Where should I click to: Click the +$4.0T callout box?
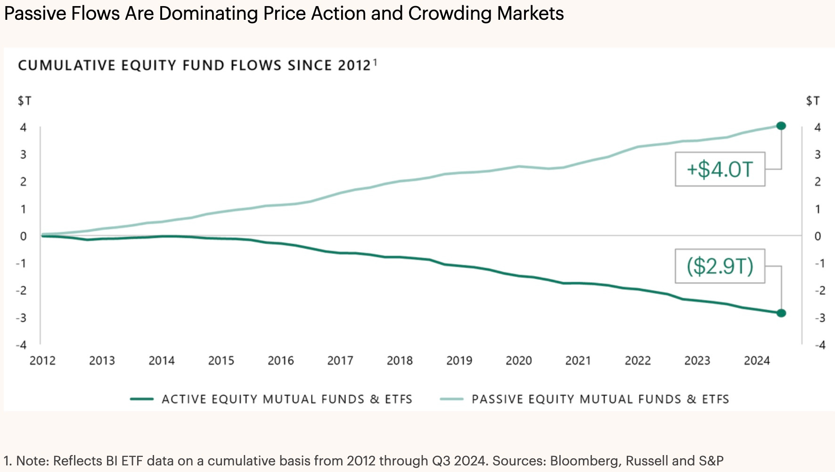pos(720,169)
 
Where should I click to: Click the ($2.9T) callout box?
pos(720,266)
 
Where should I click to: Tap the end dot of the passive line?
pos(781,126)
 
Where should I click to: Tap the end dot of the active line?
pos(781,313)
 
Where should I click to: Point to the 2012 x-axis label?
pos(42,361)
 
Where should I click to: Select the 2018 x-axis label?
pos(400,361)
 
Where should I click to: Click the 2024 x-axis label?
pos(757,361)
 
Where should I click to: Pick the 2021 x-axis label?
pos(578,361)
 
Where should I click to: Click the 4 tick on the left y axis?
pos(23,127)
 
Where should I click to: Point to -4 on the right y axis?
pos(820,345)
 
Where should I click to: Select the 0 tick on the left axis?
pos(23,236)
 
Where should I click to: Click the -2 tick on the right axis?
pos(820,291)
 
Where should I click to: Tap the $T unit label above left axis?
pos(25,101)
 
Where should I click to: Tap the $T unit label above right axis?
pos(813,101)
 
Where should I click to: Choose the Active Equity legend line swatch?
pos(142,399)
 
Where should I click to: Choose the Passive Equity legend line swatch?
pos(451,399)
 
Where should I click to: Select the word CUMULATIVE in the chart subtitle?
pos(66,65)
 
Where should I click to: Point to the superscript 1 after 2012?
pos(375,61)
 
